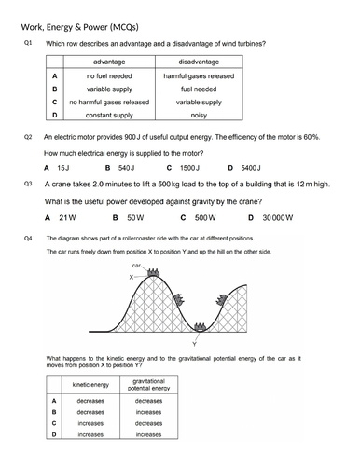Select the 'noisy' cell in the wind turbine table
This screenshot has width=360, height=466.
pos(198,115)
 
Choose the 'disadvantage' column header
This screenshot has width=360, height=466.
pos(198,62)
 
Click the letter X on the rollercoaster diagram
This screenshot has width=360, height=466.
pos(132,277)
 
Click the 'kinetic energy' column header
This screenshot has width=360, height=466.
pos(90,384)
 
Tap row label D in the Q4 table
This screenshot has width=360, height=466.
pos(54,433)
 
